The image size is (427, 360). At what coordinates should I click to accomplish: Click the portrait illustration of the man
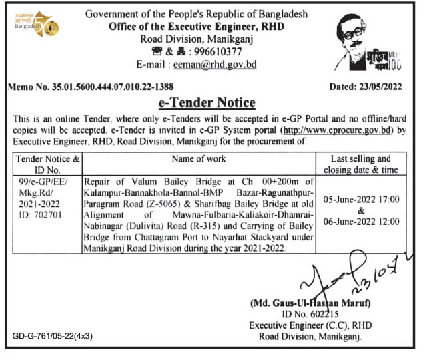click(365, 40)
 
